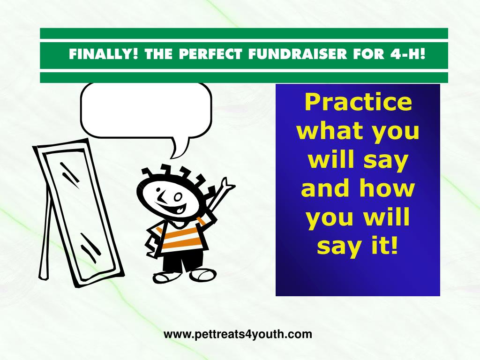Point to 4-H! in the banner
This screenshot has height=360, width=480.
pos(408,54)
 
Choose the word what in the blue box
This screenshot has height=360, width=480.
pos(328,131)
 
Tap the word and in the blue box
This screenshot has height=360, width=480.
pos(325,188)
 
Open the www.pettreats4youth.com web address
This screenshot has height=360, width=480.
pos(238,334)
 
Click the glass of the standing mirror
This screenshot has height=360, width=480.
pos(80,214)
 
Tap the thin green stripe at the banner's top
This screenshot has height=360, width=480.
pos(244,33)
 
